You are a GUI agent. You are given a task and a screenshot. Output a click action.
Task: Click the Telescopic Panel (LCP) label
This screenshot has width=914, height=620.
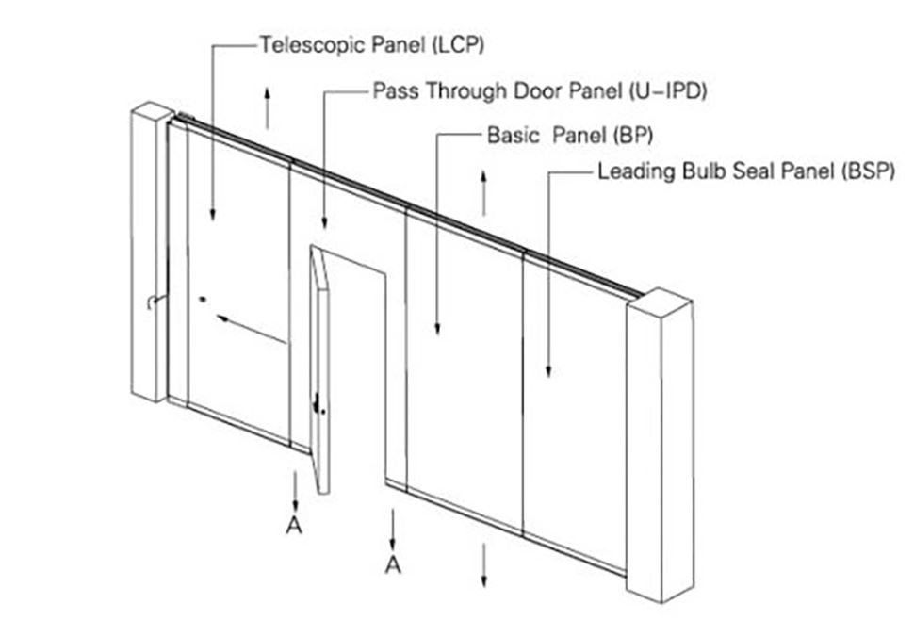point(372,45)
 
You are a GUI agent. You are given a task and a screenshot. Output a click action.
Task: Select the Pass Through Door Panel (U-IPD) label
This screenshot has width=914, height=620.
point(540,90)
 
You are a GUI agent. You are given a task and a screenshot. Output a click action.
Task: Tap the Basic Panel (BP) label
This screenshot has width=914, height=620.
point(570,135)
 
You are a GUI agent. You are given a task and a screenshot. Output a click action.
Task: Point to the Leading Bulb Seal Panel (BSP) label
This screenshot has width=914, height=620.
point(746,171)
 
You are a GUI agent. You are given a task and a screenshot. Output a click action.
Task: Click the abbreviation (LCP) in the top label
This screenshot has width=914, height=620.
point(459,45)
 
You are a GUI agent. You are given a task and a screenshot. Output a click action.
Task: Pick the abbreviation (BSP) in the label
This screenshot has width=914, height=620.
point(868,171)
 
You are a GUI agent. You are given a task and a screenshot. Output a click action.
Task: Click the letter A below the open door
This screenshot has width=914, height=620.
point(294,525)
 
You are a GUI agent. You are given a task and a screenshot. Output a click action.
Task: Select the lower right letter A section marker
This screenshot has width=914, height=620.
point(394,564)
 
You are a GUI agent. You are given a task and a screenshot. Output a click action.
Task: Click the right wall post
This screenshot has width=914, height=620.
point(661,445)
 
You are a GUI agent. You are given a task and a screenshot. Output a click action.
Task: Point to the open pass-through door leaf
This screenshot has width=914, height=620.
point(319,370)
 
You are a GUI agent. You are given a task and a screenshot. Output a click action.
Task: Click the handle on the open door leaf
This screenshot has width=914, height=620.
point(318,404)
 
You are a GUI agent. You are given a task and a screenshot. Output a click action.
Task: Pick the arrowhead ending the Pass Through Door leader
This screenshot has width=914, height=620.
point(324,222)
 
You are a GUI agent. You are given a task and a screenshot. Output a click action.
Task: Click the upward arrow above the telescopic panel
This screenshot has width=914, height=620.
point(267,107)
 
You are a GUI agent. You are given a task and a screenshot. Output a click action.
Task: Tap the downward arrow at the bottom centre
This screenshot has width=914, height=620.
point(483,565)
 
